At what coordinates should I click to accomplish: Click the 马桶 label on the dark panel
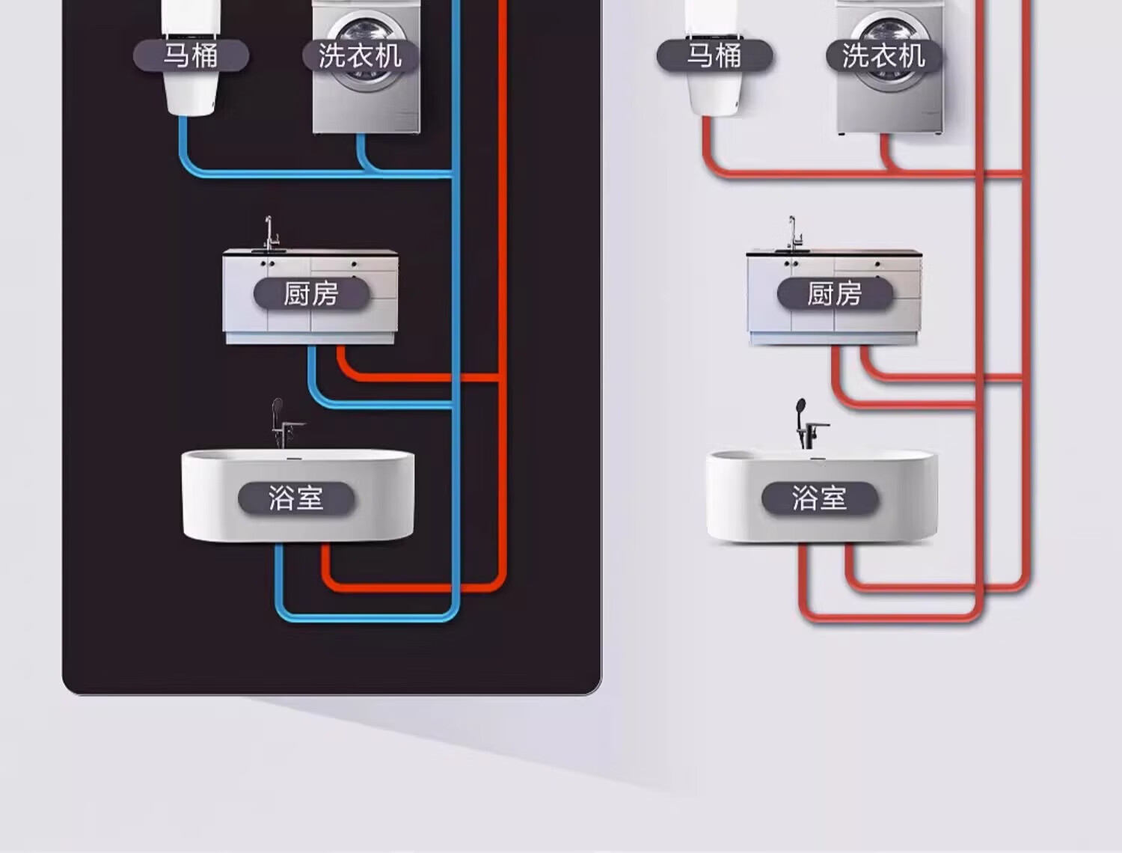coord(191,56)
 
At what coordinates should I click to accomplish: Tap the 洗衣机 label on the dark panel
coord(360,56)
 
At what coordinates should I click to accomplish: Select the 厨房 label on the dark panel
coord(311,293)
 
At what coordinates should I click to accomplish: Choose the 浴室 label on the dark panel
coord(295,498)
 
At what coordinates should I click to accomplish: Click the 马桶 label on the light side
coord(714,56)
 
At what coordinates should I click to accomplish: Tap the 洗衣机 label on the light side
coord(883,56)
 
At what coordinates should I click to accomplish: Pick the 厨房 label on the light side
coord(835,293)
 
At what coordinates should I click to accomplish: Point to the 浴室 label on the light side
coord(819,498)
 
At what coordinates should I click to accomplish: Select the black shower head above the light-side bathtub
coord(801,408)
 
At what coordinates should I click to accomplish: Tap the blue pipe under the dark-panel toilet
coord(183,150)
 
